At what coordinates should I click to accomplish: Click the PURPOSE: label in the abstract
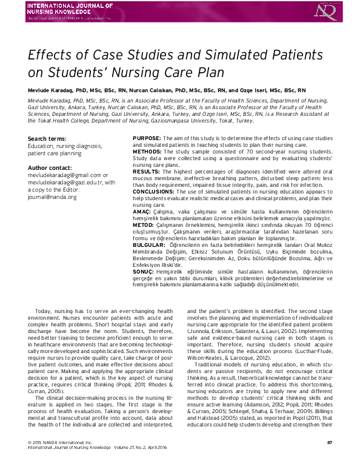[x=147, y=139]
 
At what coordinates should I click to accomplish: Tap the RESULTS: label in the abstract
[x=147, y=172]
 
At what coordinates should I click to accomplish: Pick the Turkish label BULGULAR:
[x=150, y=244]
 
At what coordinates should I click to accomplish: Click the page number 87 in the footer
[x=329, y=459]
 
